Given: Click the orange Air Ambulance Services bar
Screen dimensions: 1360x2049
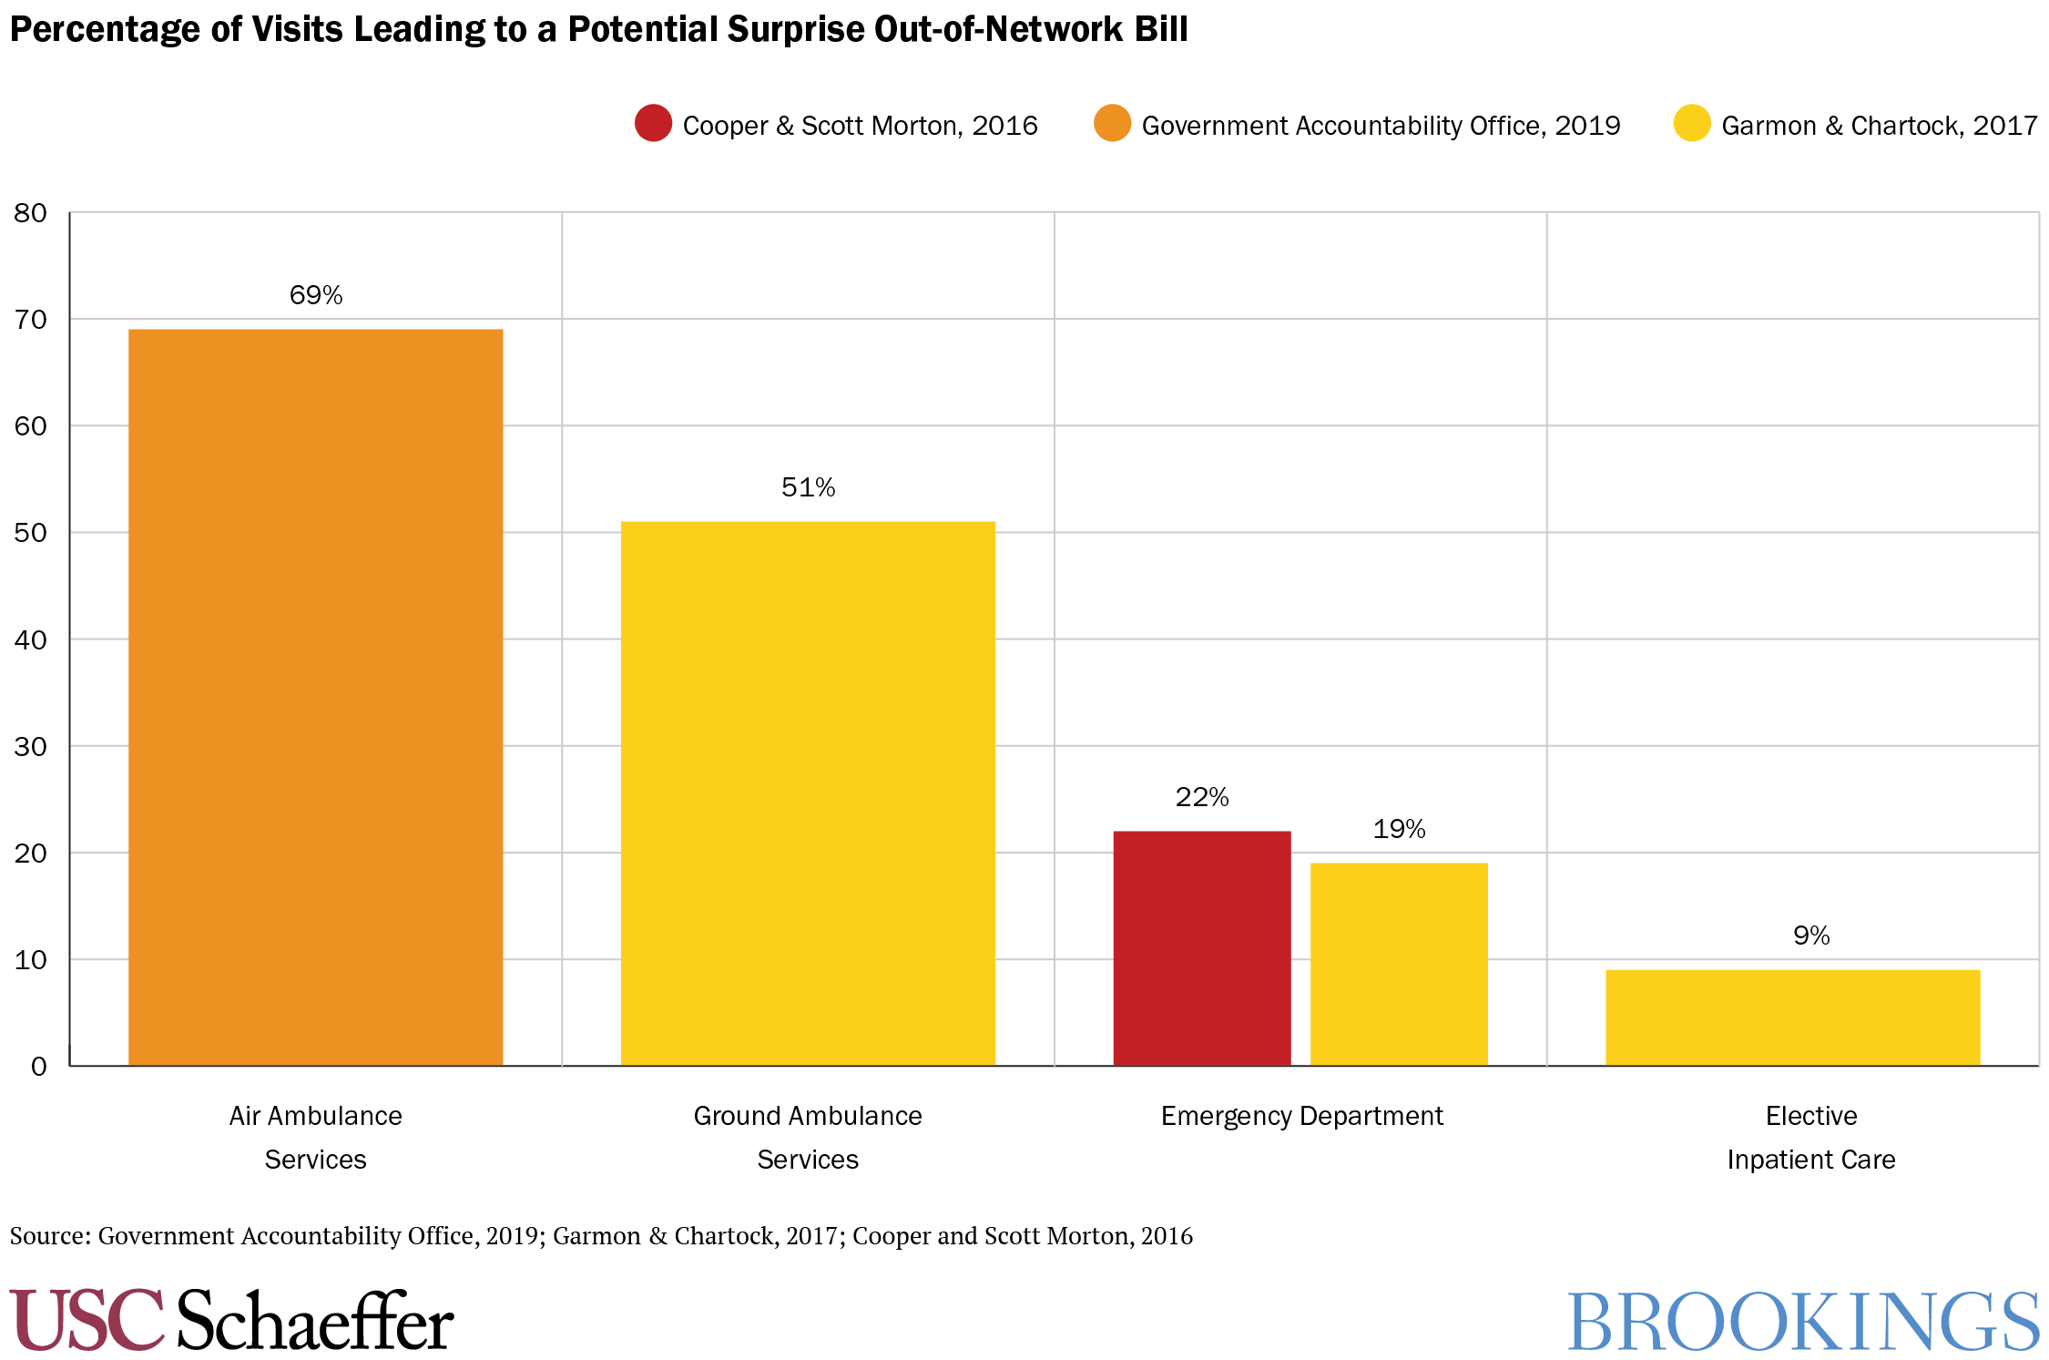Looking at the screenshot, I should click(315, 697).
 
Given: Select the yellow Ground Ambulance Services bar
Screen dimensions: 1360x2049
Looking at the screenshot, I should click(808, 792).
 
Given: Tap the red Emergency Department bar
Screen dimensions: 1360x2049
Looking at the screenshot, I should click(1201, 947).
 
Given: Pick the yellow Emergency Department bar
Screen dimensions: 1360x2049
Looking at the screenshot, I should click(1399, 964).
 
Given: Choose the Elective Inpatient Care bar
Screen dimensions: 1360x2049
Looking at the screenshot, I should click(1792, 1017).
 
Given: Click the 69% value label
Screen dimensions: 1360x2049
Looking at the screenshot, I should click(315, 295).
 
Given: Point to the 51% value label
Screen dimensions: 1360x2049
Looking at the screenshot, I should click(808, 487).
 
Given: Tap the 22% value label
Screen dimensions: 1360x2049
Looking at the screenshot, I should click(1201, 797).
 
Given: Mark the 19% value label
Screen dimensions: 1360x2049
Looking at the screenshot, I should click(1399, 829).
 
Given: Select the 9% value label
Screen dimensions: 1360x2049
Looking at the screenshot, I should click(1810, 936).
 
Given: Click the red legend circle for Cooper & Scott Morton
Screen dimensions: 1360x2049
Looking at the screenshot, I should click(653, 123).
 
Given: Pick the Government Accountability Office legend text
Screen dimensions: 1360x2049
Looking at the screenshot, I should click(1381, 126).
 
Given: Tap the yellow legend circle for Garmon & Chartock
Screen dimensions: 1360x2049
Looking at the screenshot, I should click(1691, 123).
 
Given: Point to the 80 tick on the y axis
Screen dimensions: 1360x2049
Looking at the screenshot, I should click(30, 213).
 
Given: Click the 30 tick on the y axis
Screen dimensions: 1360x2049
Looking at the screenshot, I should click(30, 747).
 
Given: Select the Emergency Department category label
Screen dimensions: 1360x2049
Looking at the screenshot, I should click(1301, 1116).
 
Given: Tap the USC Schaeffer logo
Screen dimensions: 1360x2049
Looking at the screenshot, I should click(231, 1320).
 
